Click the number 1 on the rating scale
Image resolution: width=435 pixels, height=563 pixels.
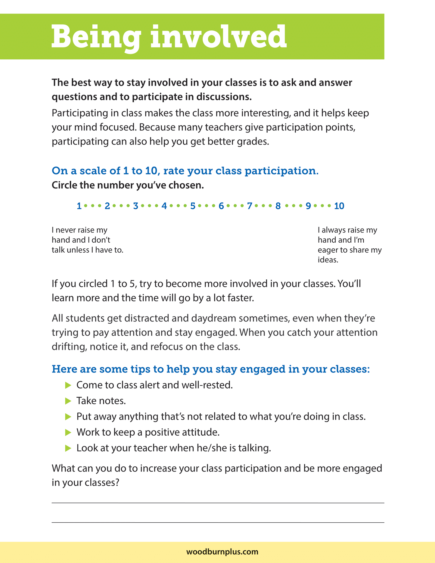[x=79, y=206]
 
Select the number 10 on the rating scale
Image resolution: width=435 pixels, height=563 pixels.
[x=339, y=206]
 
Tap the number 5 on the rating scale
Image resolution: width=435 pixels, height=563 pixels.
[x=193, y=206]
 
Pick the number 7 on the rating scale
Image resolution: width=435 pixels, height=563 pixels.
[x=250, y=206]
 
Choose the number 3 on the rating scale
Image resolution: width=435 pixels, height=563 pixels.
[x=135, y=206]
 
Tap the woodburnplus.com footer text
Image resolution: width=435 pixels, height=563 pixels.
[x=222, y=552]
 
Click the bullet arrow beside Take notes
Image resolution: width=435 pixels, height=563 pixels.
[x=68, y=401]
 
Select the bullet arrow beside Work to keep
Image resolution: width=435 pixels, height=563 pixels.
[x=68, y=432]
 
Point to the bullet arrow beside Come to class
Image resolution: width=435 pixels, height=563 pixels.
[x=68, y=385]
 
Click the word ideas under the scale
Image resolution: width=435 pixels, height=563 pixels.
[x=328, y=260]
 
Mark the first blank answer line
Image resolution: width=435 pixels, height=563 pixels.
[x=218, y=502]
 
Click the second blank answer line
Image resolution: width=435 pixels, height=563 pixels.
[x=218, y=522]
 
